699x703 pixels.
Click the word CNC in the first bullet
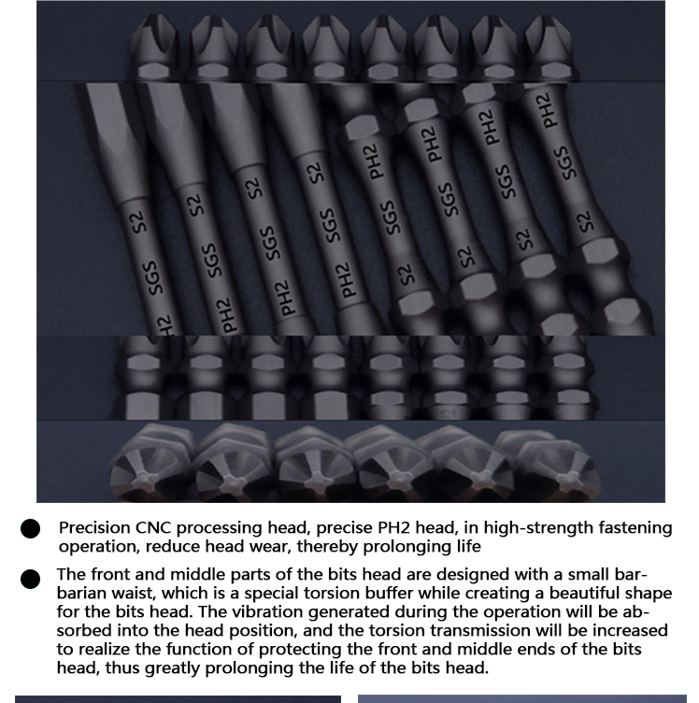point(153,527)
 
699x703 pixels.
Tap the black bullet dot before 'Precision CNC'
point(30,528)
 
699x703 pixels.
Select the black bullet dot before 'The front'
point(30,579)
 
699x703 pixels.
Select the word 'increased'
point(631,630)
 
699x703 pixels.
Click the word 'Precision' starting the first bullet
point(94,527)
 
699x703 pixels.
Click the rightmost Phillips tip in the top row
point(549,47)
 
